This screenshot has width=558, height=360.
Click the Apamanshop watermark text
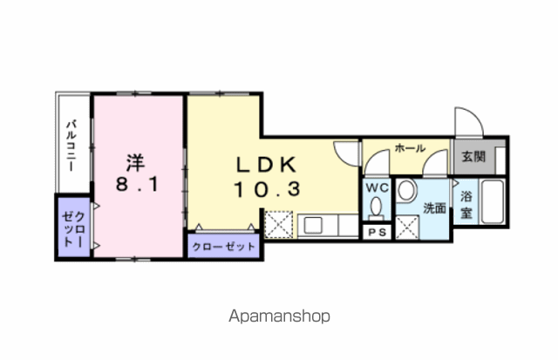point(279,316)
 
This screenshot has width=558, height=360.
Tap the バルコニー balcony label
point(71,146)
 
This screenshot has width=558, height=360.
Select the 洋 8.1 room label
point(137,173)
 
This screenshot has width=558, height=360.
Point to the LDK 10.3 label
point(267,177)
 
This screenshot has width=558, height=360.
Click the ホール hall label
point(410,147)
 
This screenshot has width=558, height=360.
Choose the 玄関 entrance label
point(473,157)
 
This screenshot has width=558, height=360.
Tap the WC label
point(378,187)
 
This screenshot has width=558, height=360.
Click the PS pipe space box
point(377,232)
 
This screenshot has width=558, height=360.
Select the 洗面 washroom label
point(434,208)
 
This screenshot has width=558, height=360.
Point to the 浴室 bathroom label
point(466,205)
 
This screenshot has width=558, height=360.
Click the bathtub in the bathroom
point(492,201)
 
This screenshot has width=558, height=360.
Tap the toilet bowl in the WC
point(376,208)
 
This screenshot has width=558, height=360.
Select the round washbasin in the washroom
point(407,190)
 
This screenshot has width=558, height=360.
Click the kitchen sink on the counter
point(312,225)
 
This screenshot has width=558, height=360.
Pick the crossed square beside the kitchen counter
point(279,225)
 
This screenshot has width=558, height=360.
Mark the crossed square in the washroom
point(407,228)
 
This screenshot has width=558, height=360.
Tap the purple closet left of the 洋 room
point(73,227)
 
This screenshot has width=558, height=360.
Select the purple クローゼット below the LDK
point(224,246)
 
